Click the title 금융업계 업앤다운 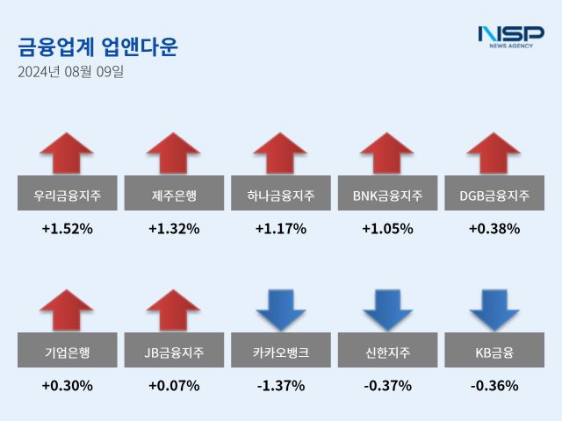pos(97,47)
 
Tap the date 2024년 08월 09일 pos(70,72)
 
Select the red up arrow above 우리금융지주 pos(67,153)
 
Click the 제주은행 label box pos(174,195)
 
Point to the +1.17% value pos(281,229)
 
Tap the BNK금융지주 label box pos(387,195)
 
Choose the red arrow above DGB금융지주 pos(494,153)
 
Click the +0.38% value pos(494,229)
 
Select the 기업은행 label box pos(67,353)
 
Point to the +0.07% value pos(174,385)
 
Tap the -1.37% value pos(281,385)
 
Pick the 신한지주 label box pos(387,353)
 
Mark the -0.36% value pos(494,385)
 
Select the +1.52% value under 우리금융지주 pos(67,229)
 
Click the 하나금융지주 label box pos(281,195)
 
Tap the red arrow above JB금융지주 pos(174,311)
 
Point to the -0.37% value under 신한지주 pos(387,385)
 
